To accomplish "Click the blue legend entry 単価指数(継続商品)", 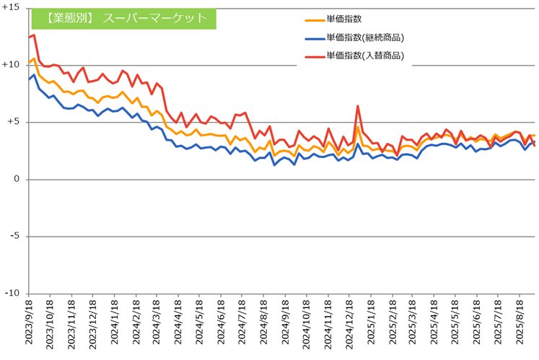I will [364, 38].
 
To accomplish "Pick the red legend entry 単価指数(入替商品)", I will [364, 55].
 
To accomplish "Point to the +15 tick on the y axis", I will [12, 8].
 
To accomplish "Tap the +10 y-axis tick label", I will [12, 65].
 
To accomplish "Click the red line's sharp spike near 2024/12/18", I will [358, 106].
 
